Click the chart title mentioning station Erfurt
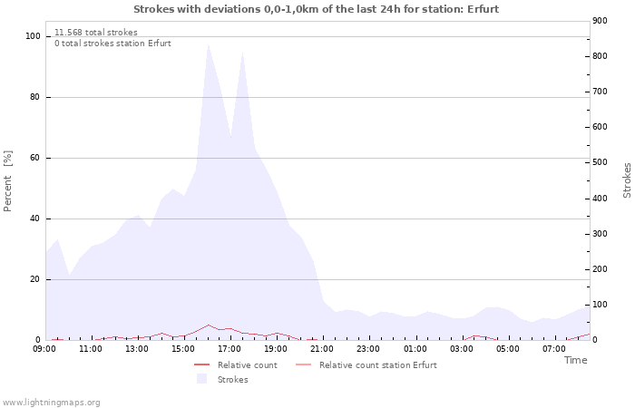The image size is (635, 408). coord(316,9)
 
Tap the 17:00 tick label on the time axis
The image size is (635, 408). coord(230,348)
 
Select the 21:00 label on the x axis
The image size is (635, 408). coord(322,348)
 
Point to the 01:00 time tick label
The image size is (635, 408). coord(415,348)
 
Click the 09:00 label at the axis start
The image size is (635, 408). coord(44,348)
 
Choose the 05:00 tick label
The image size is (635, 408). coord(507,348)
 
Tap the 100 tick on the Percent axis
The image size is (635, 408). coord(33,36)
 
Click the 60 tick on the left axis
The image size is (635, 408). coord(35,158)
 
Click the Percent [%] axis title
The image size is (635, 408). coord(8,181)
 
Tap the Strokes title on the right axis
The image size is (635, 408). coord(627,180)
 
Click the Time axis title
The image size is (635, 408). coord(575,360)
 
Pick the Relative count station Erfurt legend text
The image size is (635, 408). coord(377,365)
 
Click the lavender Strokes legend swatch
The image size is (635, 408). coord(201,379)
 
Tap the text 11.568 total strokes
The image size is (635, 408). coord(96,33)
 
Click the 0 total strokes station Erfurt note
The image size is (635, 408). coord(112,44)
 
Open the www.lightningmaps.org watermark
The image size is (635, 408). coord(51,402)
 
